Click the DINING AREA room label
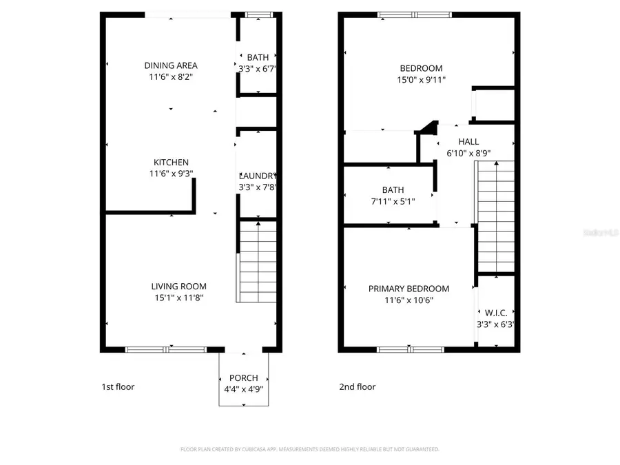(x=170, y=65)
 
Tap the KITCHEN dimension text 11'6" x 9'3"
(x=170, y=174)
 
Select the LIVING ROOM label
(x=178, y=286)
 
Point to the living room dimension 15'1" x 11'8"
(x=178, y=298)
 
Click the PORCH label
(x=244, y=378)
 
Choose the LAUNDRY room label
(x=258, y=176)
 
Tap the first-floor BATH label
(x=258, y=57)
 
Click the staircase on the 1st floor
(x=258, y=262)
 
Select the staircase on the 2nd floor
(x=496, y=217)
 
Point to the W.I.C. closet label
(x=496, y=313)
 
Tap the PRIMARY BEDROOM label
(x=409, y=289)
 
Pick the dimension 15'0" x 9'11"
(x=421, y=79)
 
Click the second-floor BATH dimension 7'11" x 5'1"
(x=393, y=201)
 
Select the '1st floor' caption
(x=118, y=386)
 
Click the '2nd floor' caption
(x=357, y=386)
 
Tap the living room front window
(x=165, y=349)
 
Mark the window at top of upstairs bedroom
(x=414, y=14)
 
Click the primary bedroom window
(x=409, y=349)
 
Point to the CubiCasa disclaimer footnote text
(x=310, y=449)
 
